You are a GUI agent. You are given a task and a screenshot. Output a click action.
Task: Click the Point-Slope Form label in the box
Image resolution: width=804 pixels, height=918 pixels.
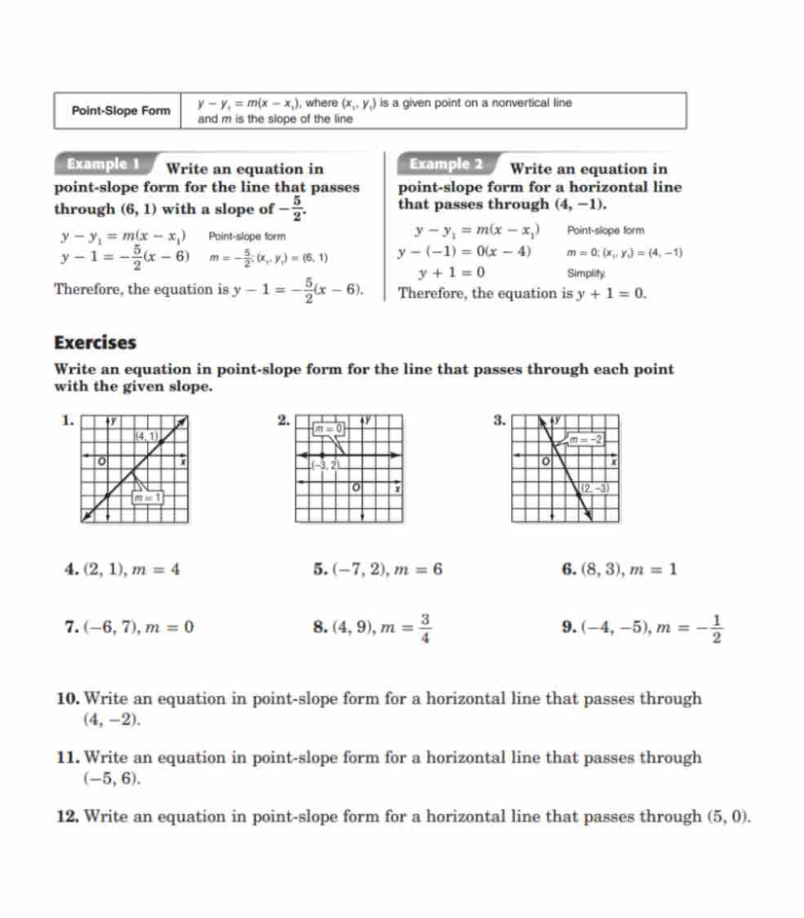point(121,110)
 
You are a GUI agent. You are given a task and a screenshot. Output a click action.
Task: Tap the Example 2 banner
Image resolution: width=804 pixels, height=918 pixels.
point(447,164)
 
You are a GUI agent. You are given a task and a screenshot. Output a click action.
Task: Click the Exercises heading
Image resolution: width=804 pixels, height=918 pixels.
point(95,343)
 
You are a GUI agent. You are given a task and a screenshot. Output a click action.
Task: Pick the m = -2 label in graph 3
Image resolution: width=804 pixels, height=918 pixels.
point(587,440)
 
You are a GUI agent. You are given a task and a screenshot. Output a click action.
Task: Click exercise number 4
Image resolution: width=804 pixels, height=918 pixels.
point(61,570)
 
